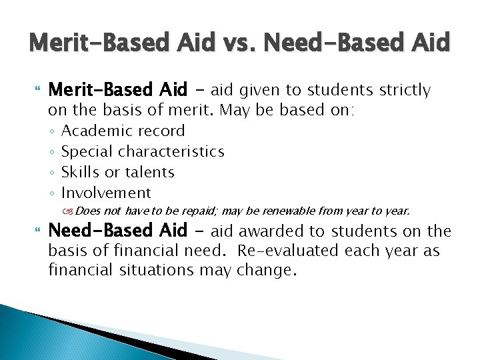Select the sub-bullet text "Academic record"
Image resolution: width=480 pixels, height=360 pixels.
[123, 131]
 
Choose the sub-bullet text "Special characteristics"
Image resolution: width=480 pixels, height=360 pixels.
[143, 151]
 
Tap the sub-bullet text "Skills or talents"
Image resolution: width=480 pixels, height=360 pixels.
[117, 172]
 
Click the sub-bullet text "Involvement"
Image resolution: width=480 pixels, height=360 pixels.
[106, 193]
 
